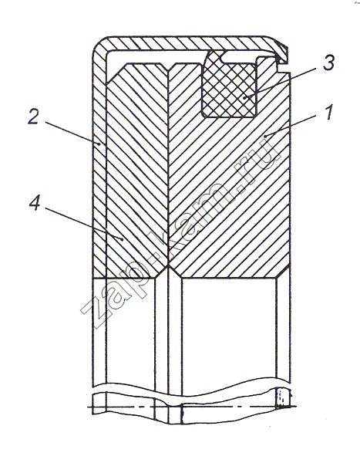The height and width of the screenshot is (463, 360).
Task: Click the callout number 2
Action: [33, 117]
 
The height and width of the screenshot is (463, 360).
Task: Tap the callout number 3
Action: [328, 63]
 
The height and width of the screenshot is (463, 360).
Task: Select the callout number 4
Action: [35, 204]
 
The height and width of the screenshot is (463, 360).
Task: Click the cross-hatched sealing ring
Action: [230, 85]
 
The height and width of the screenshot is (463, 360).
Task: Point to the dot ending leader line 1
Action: [265, 136]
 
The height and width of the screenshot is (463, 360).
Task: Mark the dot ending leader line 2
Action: [99, 144]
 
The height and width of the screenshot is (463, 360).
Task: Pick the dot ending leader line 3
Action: [244, 97]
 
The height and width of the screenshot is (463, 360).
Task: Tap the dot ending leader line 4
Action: [122, 239]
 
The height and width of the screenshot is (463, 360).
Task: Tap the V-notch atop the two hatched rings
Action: [168, 67]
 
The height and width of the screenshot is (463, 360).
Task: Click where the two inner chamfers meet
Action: [168, 265]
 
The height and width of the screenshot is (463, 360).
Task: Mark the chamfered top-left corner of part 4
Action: [116, 73]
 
